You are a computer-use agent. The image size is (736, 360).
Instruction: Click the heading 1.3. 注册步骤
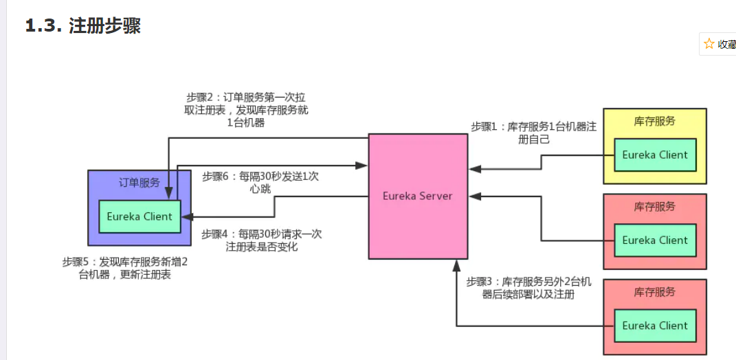tap(83, 26)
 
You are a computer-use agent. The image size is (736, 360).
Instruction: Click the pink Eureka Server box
tap(417, 196)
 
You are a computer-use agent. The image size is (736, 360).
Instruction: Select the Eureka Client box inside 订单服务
tap(140, 216)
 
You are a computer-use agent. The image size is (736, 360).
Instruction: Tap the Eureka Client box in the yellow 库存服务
tap(654, 155)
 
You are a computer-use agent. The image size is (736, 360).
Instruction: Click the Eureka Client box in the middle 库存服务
tap(654, 240)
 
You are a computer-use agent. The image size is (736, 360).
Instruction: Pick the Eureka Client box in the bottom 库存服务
tap(654, 326)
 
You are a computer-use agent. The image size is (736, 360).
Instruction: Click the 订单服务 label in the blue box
tap(140, 183)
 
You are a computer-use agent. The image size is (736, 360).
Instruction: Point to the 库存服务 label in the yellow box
tap(654, 121)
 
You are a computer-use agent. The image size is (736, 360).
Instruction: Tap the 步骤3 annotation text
tap(528, 288)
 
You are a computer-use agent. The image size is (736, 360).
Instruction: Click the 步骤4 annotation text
tap(261, 240)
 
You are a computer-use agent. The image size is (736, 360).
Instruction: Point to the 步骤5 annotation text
tap(125, 268)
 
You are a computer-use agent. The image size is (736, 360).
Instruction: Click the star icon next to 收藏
tap(709, 44)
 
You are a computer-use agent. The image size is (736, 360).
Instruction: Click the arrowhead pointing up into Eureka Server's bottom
tap(456, 265)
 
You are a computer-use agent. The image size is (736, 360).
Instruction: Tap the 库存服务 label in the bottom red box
tap(654, 292)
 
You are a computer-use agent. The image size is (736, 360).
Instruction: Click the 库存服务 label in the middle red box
tap(654, 206)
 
